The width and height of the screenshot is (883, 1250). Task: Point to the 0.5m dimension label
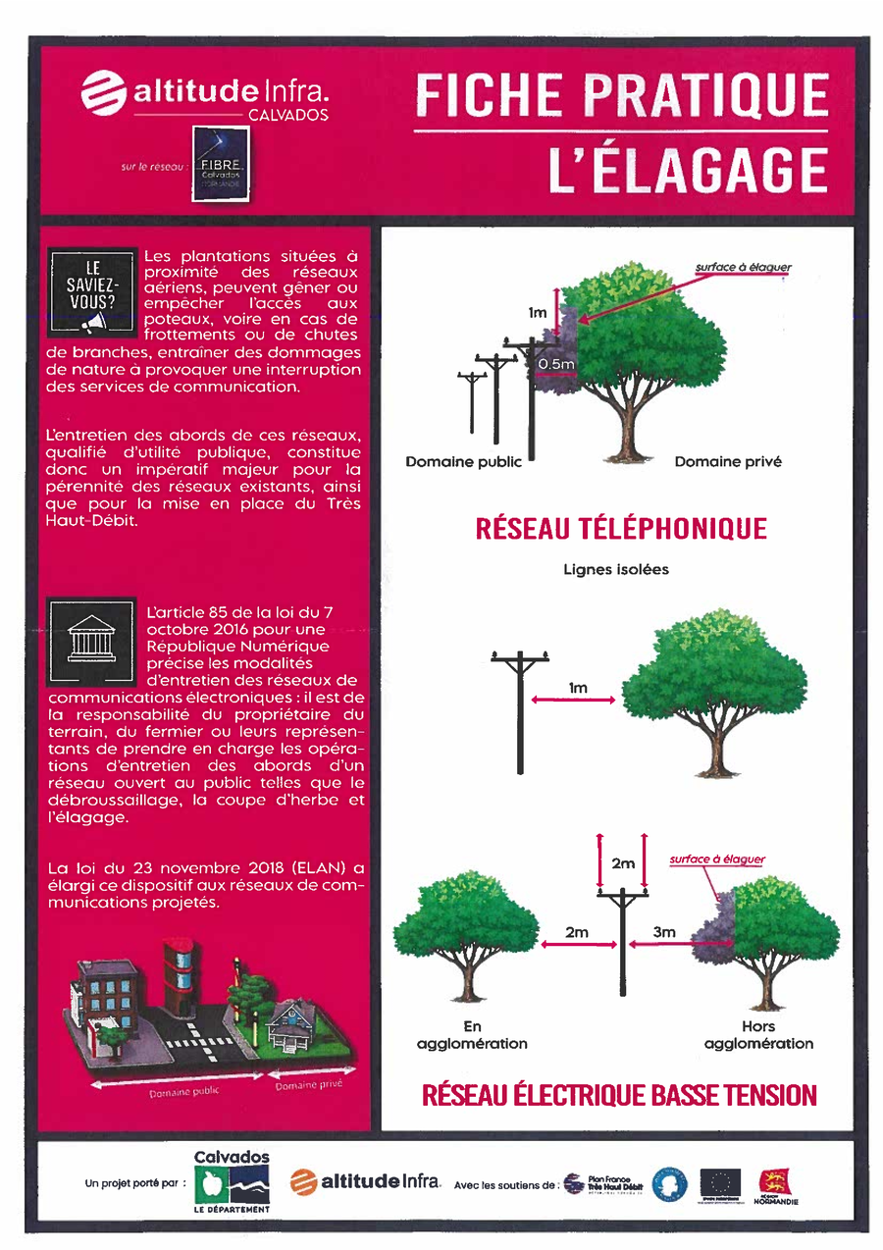pos(556,364)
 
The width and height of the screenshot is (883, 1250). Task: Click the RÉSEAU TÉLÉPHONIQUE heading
pos(620,529)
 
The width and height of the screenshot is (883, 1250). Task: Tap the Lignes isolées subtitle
pos(616,569)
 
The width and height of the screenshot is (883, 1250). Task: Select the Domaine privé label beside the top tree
pos(728,461)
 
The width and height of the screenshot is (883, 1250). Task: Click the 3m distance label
pos(664,932)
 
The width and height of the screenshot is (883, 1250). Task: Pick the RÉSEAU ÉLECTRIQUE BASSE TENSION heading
pos(619,1095)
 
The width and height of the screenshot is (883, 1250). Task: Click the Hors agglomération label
pos(758,1035)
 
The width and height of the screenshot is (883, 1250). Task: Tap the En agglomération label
pos(472,1035)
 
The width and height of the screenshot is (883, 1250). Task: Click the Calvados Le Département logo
pos(232,1181)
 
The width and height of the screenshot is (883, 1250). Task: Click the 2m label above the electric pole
pos(622,863)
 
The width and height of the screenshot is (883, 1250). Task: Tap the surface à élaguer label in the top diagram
pos(743,267)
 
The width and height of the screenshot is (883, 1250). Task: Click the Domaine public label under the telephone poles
pos(464,461)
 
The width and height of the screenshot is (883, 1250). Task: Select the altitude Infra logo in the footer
pos(366,1182)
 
